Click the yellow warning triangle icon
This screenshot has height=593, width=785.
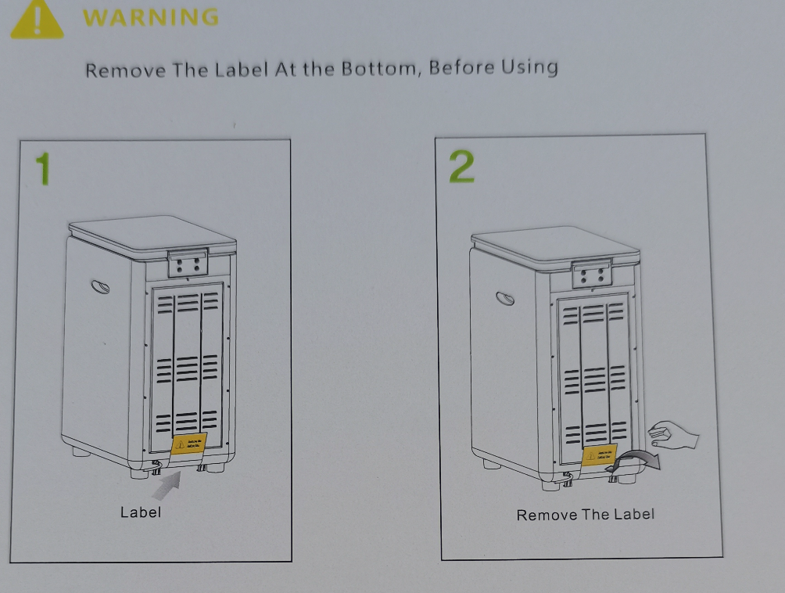tap(37, 20)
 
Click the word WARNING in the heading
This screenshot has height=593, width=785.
tap(150, 17)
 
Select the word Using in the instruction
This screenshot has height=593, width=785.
tap(529, 68)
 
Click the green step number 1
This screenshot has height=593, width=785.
tap(43, 170)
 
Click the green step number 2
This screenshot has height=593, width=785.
tap(462, 167)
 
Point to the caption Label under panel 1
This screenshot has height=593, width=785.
tap(140, 512)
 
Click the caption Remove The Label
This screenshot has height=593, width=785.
tap(585, 515)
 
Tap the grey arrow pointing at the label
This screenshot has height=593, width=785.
tap(165, 485)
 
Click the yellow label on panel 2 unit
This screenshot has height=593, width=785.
tap(599, 455)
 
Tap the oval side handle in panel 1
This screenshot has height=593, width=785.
tap(100, 286)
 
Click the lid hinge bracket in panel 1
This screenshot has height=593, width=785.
tap(188, 264)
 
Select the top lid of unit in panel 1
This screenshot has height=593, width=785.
tap(152, 234)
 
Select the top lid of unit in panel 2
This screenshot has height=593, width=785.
tap(555, 245)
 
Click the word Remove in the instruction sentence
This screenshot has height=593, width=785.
tap(125, 70)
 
